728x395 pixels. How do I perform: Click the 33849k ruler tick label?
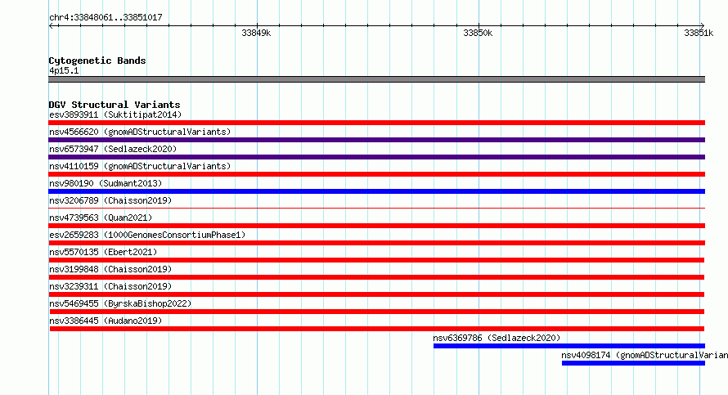pos(256,33)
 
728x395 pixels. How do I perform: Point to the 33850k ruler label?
pos(478,33)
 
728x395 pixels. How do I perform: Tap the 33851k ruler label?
pos(699,33)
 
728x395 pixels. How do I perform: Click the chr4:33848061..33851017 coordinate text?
pos(106,18)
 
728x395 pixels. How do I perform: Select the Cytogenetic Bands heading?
pos(97,61)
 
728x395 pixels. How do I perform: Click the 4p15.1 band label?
pos(64,70)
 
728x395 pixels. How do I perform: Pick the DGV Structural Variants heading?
pos(115,105)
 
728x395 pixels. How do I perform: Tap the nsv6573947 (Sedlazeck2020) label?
pos(113,149)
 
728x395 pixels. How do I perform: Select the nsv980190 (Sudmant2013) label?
pos(106,183)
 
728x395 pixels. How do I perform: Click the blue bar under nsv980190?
pos(376,191)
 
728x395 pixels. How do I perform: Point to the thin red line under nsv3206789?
pos(376,209)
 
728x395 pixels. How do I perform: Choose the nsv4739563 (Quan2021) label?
pos(101,218)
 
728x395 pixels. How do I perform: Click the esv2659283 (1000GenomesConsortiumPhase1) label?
pos(147,235)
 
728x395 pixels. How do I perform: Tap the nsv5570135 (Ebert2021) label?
pos(103,252)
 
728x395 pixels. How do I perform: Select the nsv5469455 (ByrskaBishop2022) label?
pos(120,303)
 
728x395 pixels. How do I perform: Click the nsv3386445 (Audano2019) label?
pos(106,321)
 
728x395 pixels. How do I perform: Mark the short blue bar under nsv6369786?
pos(569,346)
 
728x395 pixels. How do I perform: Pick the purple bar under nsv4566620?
pos(376,140)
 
